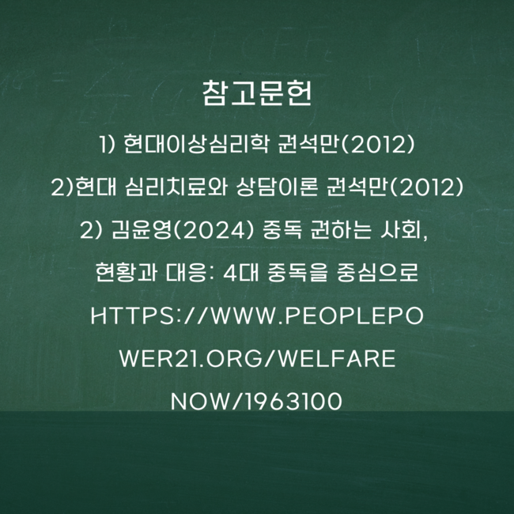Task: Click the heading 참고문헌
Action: [x=257, y=93]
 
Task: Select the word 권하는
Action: [x=341, y=229]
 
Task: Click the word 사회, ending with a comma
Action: [x=403, y=230]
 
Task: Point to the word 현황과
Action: [x=127, y=272]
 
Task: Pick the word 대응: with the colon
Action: [x=190, y=272]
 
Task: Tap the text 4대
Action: [x=241, y=272]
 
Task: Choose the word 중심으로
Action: [x=377, y=272]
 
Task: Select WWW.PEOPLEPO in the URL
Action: [x=317, y=316]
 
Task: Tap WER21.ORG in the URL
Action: [x=191, y=359]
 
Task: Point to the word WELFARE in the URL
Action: [x=338, y=359]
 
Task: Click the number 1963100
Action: [x=294, y=401]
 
